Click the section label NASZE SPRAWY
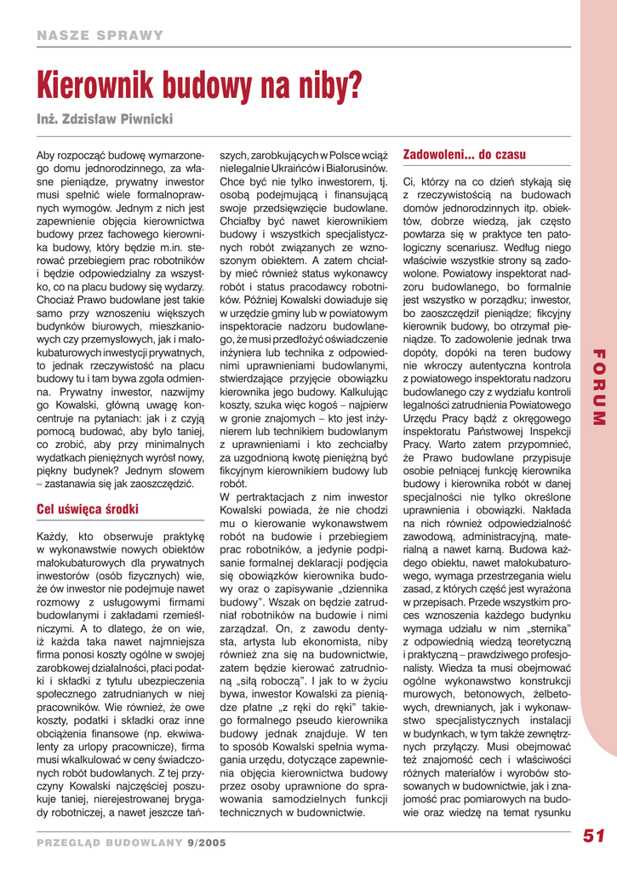coord(100,35)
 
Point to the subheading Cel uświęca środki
coord(88,510)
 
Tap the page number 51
coord(593,836)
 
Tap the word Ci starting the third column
coord(409,181)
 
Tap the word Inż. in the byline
coord(48,115)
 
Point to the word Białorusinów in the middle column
coord(356,169)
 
